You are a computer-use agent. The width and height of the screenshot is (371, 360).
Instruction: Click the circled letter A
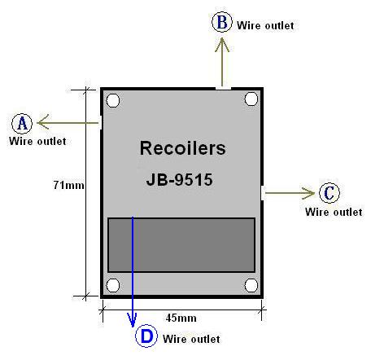point(22,124)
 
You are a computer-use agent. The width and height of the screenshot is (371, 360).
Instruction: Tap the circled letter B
point(222,22)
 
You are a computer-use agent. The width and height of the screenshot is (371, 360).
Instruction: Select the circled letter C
point(330,193)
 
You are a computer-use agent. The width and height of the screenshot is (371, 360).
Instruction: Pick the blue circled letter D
point(146,336)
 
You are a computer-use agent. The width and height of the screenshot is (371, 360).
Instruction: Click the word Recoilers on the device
point(182,148)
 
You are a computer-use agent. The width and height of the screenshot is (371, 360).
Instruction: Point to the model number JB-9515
point(179,179)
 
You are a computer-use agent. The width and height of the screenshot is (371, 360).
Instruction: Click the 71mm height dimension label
point(68,185)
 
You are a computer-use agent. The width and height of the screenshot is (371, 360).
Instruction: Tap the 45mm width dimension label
point(181,318)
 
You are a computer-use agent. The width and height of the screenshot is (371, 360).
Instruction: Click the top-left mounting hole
point(113,100)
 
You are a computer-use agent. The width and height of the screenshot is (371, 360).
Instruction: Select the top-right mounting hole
point(251,99)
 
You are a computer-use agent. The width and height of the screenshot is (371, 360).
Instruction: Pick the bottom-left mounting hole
point(113,285)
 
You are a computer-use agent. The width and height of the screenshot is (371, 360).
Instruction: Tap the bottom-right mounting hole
point(251,285)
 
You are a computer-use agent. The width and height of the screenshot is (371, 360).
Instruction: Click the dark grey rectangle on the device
point(181,245)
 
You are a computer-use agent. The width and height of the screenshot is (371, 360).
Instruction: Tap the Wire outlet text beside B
point(265,26)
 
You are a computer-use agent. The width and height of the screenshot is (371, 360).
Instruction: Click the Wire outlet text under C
point(334,212)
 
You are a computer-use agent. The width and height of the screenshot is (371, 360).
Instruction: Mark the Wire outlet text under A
point(37,141)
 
